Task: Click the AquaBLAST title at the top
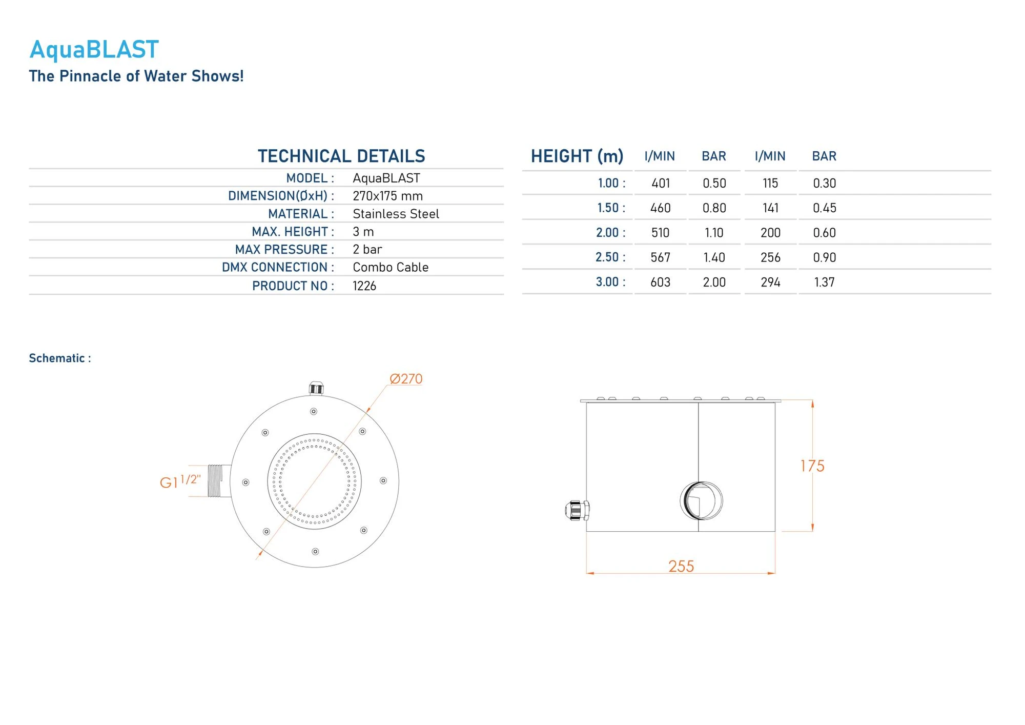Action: coord(94,50)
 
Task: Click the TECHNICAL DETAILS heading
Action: coord(341,156)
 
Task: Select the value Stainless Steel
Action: coord(396,214)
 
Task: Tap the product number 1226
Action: coord(364,286)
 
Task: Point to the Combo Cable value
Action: coord(391,267)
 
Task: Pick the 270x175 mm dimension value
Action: coord(387,196)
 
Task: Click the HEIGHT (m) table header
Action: coord(577,156)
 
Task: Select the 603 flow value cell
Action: coord(660,282)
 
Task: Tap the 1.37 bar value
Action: coord(824,282)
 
